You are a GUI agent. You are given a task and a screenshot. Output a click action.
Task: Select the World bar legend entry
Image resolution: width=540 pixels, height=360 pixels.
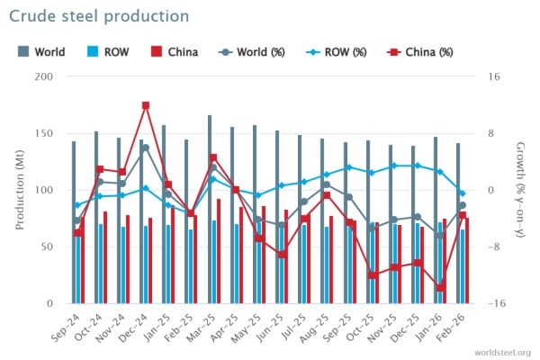[x=41, y=51]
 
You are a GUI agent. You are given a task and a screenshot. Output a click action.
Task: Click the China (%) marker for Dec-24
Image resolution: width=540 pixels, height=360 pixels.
[x=146, y=105]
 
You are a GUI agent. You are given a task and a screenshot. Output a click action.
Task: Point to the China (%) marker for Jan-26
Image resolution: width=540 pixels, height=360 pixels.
[x=441, y=288]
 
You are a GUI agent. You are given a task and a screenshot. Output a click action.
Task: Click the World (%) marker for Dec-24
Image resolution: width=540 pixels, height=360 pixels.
[x=146, y=148]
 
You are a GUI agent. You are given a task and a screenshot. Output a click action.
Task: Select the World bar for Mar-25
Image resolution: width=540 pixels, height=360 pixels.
[x=210, y=209]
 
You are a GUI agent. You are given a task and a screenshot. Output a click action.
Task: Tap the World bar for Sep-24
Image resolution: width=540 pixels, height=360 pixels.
[x=74, y=222]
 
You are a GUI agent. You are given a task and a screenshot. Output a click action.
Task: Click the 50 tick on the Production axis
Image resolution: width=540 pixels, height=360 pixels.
[x=46, y=247]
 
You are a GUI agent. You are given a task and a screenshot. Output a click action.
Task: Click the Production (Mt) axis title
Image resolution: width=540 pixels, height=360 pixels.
[x=17, y=190]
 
